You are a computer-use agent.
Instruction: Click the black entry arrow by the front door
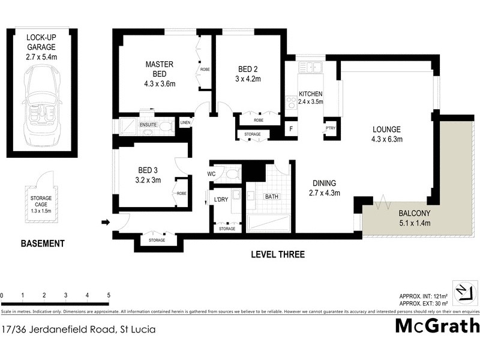pyautogui.click(x=106, y=223)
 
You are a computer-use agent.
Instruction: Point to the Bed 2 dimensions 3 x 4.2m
pyautogui.click(x=248, y=79)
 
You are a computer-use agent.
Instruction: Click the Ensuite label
pyautogui.click(x=148, y=125)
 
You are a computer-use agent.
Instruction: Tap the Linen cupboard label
pyautogui.click(x=185, y=123)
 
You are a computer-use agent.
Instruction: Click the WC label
pyautogui.click(x=211, y=174)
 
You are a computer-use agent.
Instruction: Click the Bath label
pyautogui.click(x=272, y=196)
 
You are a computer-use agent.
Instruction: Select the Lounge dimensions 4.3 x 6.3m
pyautogui.click(x=388, y=139)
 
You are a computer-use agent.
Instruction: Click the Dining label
pyautogui.click(x=323, y=184)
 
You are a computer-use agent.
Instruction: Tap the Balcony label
pyautogui.click(x=415, y=214)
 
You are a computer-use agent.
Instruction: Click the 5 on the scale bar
pyautogui.click(x=109, y=295)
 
